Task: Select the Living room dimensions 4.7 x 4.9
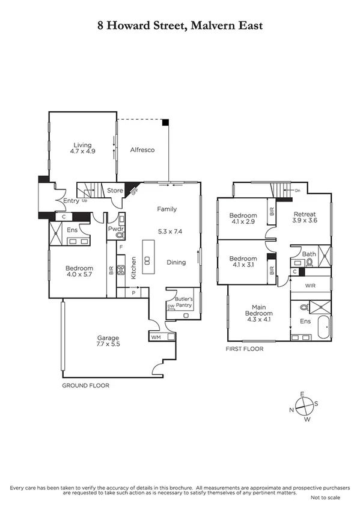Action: point(84,152)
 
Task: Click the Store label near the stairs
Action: point(115,191)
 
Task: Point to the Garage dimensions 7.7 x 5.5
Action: point(108,345)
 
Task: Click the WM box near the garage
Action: point(156,337)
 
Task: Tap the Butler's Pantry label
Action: point(183,302)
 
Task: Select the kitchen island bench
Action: point(147,255)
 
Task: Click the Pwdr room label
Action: point(115,229)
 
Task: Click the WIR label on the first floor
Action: point(310,285)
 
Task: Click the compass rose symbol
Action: point(305,407)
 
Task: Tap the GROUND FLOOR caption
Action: point(86,385)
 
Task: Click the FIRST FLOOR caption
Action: point(245,348)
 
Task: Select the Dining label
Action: point(176,262)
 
